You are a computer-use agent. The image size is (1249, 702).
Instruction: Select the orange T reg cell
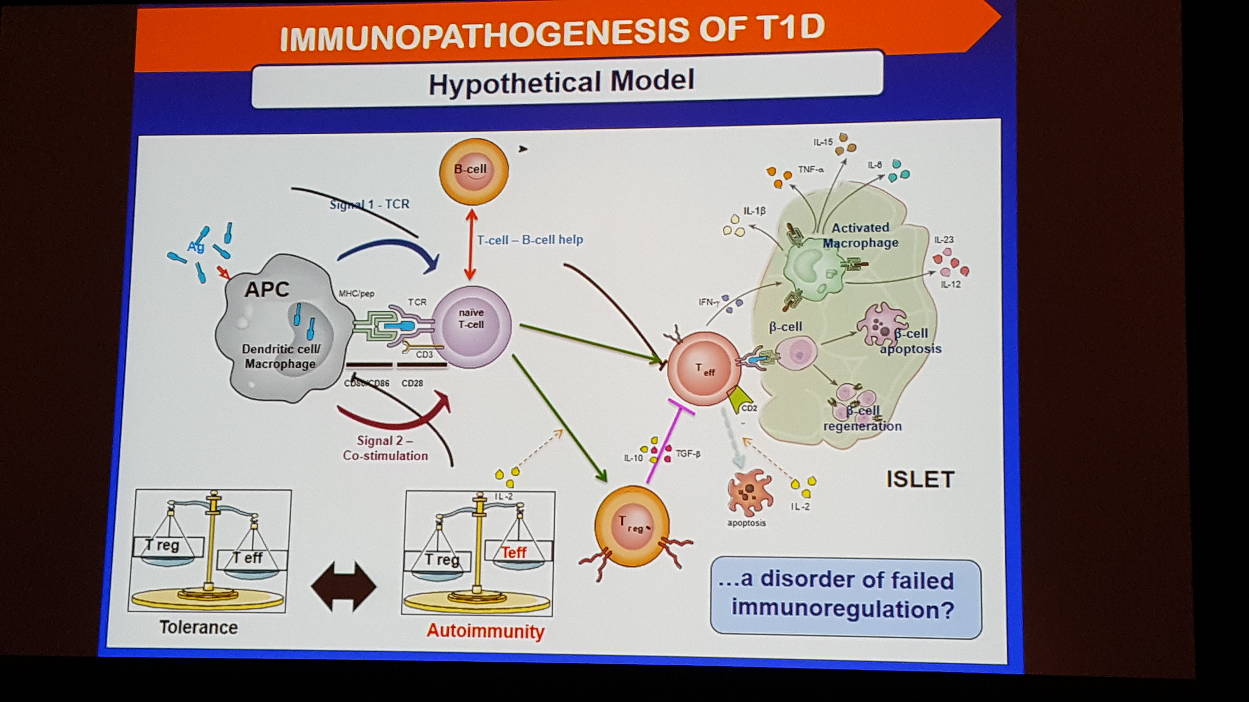coord(631,526)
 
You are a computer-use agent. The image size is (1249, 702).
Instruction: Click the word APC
coord(267,290)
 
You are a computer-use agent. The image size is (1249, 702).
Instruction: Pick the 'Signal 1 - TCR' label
coord(369,204)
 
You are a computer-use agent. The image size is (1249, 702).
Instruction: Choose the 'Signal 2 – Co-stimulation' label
coord(385,448)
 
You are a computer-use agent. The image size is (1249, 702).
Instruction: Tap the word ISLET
coord(920,480)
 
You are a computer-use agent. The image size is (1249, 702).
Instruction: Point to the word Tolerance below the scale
coord(198,627)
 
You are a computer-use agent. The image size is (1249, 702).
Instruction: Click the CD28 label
coord(412,383)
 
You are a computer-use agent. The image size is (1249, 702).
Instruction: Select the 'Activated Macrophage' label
coord(861,235)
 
